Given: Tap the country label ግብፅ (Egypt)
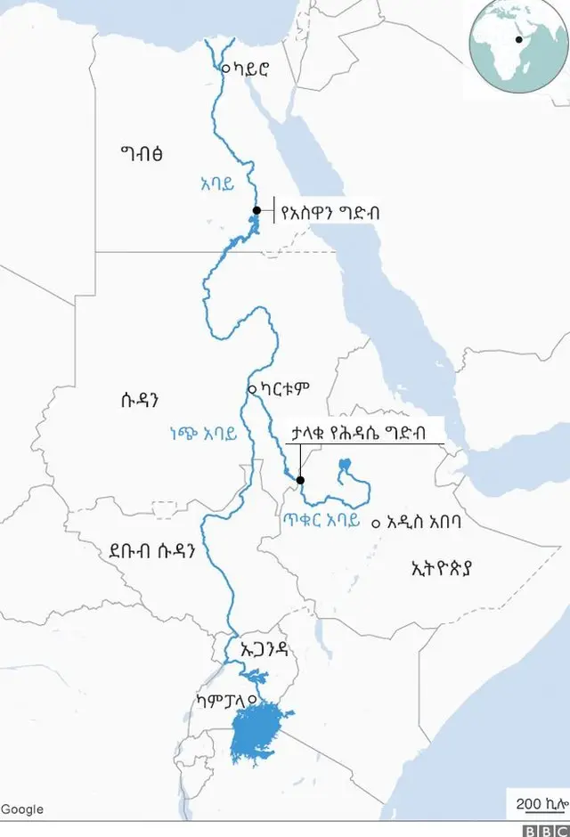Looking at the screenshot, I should tap(142, 153).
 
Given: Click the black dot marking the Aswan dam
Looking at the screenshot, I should tap(256, 211).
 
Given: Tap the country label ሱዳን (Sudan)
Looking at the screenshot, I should tap(145, 397).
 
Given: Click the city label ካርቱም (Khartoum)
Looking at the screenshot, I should tap(284, 389).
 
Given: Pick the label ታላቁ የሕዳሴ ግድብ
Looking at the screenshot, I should tap(358, 432).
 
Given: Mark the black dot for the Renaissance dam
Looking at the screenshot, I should tap(300, 481).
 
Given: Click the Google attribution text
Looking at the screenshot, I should tap(22, 809).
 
